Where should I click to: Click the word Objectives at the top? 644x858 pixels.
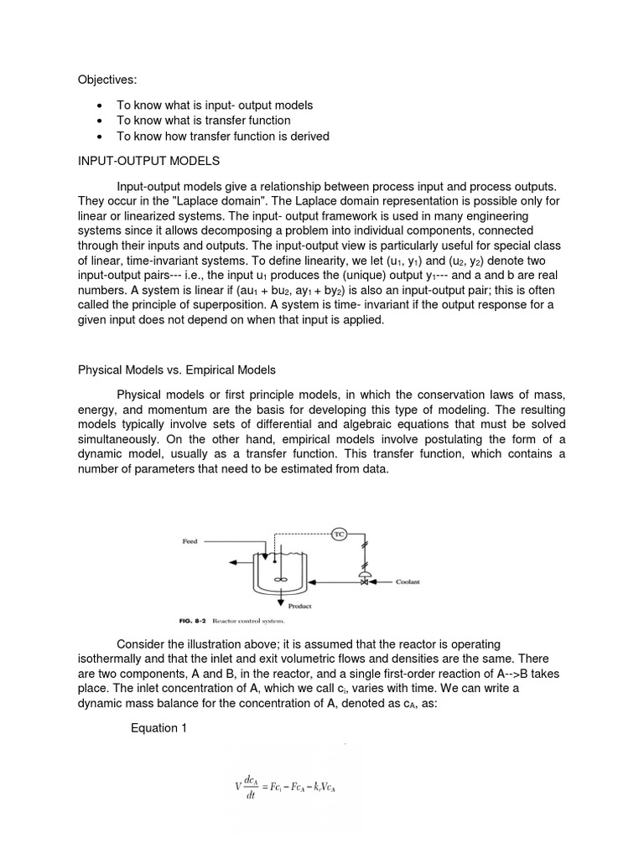[x=106, y=80]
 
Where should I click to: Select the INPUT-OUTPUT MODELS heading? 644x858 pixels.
[x=149, y=160]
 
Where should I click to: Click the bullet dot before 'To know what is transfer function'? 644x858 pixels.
[x=101, y=121]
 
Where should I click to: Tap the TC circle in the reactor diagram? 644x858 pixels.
[x=340, y=534]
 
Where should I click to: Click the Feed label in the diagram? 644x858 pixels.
[x=190, y=542]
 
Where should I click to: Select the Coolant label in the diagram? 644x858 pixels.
[x=408, y=581]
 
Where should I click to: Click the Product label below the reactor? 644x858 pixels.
[x=300, y=606]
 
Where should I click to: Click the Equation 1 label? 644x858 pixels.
[x=159, y=728]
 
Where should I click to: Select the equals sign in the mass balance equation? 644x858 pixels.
[x=263, y=787]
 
